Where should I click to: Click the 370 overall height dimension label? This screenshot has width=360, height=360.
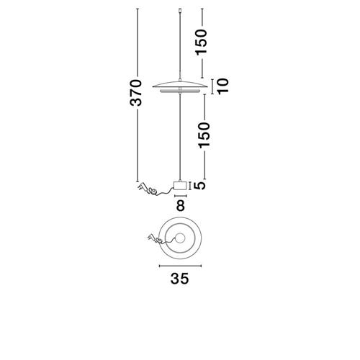(x=136, y=93)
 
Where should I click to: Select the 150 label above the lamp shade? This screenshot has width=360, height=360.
(x=201, y=42)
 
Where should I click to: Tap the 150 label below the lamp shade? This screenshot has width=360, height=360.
(x=204, y=135)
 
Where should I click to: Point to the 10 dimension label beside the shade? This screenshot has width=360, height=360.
(x=223, y=86)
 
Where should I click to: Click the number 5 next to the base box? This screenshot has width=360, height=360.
(x=199, y=186)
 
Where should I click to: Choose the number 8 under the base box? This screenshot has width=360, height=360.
(x=181, y=205)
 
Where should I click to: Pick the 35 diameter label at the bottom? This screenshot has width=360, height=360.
(x=180, y=279)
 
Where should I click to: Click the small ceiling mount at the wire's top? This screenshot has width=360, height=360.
(x=180, y=10)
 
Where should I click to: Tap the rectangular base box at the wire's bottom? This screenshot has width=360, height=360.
(x=180, y=186)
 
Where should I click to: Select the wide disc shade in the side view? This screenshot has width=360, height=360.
(x=180, y=84)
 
